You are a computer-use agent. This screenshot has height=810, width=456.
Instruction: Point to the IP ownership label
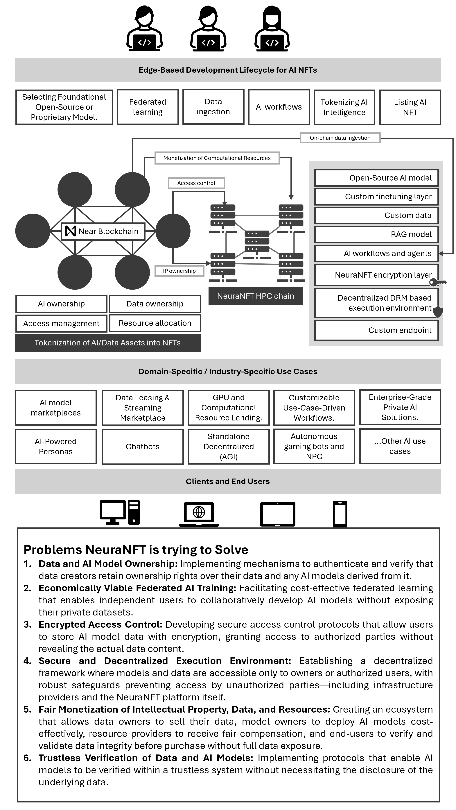tap(179, 271)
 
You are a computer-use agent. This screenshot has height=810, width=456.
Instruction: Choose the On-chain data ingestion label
tap(340, 138)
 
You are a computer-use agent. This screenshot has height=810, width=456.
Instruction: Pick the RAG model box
tap(376, 234)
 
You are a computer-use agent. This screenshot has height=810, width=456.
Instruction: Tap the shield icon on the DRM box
tap(438, 312)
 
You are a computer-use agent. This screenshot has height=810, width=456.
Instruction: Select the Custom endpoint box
tap(376, 330)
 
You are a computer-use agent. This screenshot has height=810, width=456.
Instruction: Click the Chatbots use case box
tap(143, 447)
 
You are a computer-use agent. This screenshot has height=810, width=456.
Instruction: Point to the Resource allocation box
tap(155, 323)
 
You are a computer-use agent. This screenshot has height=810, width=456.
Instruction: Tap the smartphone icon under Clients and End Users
tap(340, 514)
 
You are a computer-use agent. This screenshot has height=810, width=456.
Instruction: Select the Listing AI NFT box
tap(410, 107)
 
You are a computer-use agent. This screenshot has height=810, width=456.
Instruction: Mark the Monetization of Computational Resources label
tap(217, 158)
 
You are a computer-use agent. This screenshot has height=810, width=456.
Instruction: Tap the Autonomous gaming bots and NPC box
tap(314, 447)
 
